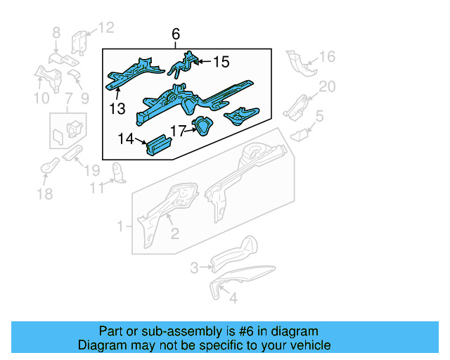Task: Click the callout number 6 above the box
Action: (176, 34)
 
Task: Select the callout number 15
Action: (221, 63)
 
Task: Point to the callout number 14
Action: (126, 139)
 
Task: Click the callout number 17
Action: (176, 130)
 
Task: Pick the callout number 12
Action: (105, 28)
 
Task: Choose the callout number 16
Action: (328, 57)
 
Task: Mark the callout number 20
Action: (328, 86)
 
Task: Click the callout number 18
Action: (44, 194)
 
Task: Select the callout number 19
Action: (92, 169)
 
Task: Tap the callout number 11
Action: (96, 188)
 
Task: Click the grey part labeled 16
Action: (300, 64)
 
